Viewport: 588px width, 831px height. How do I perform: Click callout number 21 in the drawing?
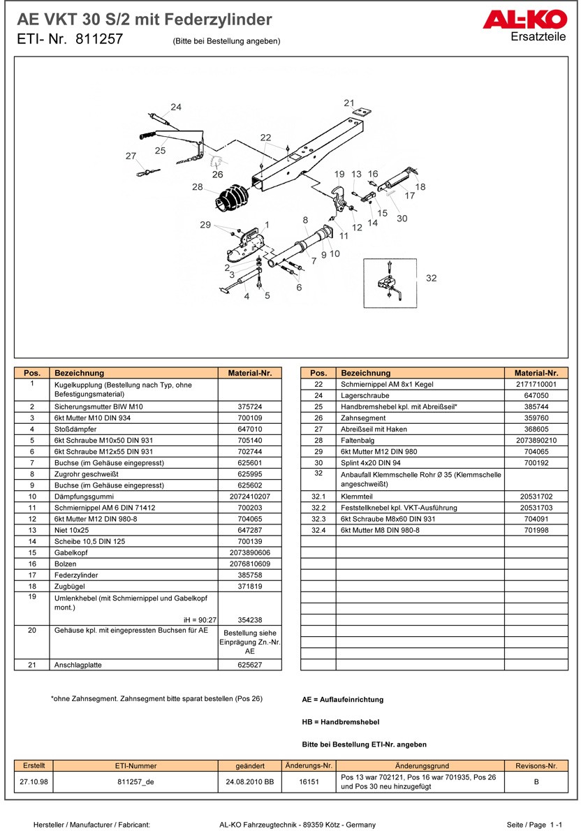pyautogui.click(x=349, y=103)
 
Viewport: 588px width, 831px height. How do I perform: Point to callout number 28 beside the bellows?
pyautogui.click(x=198, y=187)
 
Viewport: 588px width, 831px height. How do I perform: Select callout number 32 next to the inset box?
pyautogui.click(x=431, y=278)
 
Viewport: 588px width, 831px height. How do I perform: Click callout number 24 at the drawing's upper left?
pyautogui.click(x=176, y=107)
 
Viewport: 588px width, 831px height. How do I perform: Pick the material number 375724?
pyautogui.click(x=249, y=406)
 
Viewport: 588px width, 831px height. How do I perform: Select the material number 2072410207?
pyautogui.click(x=249, y=496)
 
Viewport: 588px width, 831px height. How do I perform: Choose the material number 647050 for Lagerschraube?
pyautogui.click(x=536, y=395)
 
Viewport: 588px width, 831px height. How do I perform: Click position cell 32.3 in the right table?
pyautogui.click(x=318, y=518)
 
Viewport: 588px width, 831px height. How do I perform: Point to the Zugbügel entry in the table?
pyautogui.click(x=69, y=585)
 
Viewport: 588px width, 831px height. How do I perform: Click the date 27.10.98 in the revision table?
pyautogui.click(x=34, y=782)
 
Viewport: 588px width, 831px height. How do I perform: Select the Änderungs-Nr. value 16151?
pyautogui.click(x=309, y=782)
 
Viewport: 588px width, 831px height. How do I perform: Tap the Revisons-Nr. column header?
pyautogui.click(x=536, y=766)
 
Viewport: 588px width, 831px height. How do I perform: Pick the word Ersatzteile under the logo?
pyautogui.click(x=538, y=36)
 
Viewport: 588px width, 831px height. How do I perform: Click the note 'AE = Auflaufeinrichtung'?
pyautogui.click(x=342, y=699)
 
